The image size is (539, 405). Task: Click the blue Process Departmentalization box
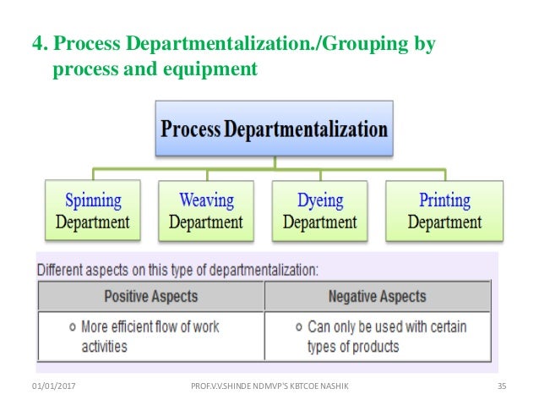[x=274, y=130]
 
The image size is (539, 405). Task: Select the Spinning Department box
[x=92, y=211]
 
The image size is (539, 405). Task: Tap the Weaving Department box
[x=205, y=211]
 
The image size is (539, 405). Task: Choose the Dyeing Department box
[x=319, y=211]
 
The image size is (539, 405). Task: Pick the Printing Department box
[x=444, y=211]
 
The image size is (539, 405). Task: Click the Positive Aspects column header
[x=150, y=297]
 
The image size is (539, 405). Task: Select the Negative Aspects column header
[x=378, y=297]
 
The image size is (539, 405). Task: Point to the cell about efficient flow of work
[x=150, y=336]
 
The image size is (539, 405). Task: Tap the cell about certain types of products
[x=378, y=336]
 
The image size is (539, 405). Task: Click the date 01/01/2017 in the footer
[x=52, y=386]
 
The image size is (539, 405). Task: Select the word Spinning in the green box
[x=93, y=201]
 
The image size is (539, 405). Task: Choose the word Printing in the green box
[x=444, y=201]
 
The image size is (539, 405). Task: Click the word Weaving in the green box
[x=205, y=201]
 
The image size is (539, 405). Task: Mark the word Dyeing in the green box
[x=319, y=201]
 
